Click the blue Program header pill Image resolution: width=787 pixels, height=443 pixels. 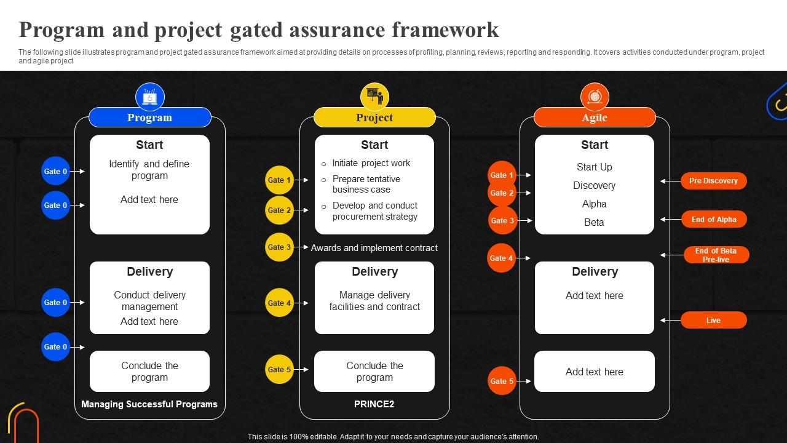point(149,118)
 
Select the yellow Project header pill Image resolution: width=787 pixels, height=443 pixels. point(374,118)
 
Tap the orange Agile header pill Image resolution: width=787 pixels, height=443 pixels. point(595,118)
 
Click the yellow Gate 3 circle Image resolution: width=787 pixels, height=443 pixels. point(279,247)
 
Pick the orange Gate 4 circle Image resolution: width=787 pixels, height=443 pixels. point(502,258)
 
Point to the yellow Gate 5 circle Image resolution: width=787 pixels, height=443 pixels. point(279,370)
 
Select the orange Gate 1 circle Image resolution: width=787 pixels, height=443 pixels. point(502,175)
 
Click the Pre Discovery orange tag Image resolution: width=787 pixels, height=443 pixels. point(713,181)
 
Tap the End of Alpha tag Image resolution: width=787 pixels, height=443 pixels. point(713,220)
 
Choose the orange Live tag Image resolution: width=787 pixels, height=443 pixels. point(713,320)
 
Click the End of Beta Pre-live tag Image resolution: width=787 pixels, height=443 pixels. point(716,255)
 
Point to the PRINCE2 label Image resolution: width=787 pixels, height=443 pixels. point(374,404)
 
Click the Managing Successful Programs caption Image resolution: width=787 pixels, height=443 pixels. point(149,404)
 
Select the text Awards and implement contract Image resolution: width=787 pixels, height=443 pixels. point(374,248)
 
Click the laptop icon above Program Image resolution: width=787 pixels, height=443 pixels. point(149,97)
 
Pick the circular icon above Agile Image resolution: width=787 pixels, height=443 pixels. point(595,97)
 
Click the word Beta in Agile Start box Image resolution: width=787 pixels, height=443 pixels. point(594,222)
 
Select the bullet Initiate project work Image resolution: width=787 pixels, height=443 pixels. point(371,163)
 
